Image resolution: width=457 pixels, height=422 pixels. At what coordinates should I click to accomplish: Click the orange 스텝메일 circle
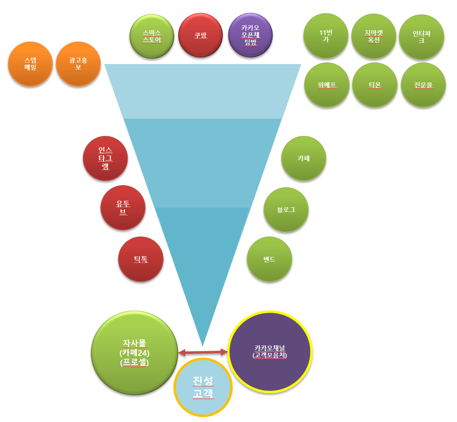click(x=30, y=64)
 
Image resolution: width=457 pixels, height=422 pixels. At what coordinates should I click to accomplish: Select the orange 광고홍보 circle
click(x=78, y=64)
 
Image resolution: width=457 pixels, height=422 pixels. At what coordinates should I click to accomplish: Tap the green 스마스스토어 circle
click(x=152, y=36)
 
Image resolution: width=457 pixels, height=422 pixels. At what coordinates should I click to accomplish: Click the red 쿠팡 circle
click(x=200, y=35)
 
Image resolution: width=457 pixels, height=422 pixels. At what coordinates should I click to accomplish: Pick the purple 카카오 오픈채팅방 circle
click(x=250, y=35)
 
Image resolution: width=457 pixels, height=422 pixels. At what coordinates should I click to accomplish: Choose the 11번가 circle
click(x=326, y=36)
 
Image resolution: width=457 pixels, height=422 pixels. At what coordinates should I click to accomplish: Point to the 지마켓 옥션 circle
click(x=374, y=36)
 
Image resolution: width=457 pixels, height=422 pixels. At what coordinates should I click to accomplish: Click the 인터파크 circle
click(x=421, y=37)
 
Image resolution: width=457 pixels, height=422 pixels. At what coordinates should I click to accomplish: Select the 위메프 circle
click(x=327, y=85)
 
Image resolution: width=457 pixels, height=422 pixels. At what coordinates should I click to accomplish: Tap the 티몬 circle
click(x=375, y=85)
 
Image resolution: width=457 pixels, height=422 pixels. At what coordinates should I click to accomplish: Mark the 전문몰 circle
click(x=423, y=85)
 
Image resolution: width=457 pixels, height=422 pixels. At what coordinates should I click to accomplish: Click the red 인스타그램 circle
click(x=105, y=158)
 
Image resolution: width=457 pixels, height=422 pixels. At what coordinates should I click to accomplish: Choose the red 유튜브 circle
click(x=123, y=208)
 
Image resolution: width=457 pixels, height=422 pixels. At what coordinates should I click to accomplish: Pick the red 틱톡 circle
click(x=141, y=259)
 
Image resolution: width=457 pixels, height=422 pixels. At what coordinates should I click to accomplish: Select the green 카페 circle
click(x=304, y=158)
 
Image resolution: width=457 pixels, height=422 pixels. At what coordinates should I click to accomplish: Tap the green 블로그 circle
click(x=286, y=210)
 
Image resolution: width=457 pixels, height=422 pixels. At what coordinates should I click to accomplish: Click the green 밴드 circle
click(x=269, y=259)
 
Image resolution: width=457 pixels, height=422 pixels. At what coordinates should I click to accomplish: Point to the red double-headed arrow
click(x=202, y=352)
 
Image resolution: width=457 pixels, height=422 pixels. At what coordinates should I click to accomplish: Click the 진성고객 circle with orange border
click(x=203, y=387)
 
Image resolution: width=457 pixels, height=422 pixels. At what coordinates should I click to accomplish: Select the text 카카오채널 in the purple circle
click(x=269, y=348)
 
